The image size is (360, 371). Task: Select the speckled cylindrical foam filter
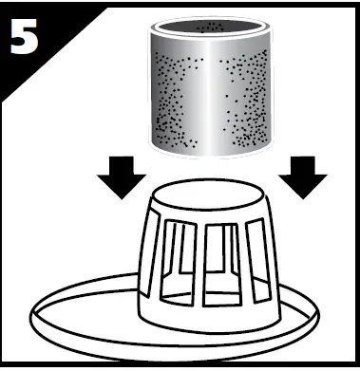[x=215, y=95]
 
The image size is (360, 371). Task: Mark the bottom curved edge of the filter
[x=215, y=155]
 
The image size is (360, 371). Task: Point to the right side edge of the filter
[x=279, y=95]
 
